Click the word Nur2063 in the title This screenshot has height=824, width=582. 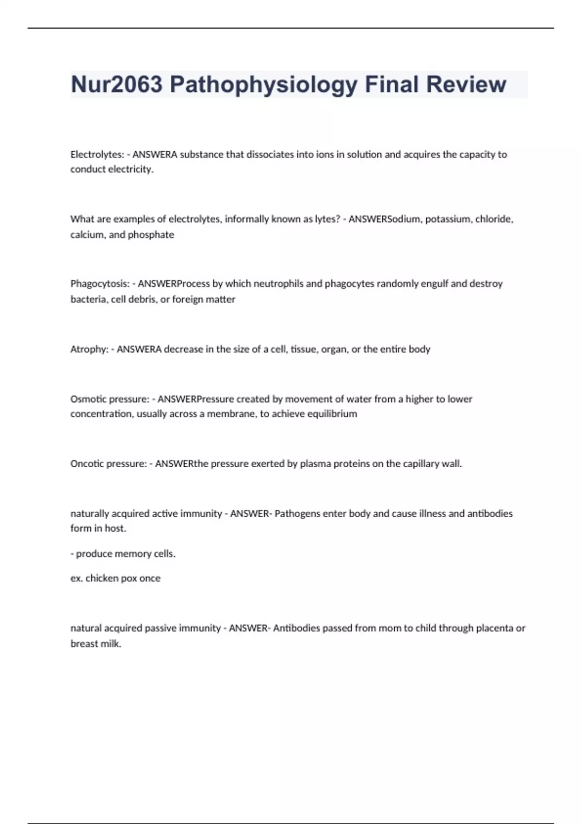(116, 84)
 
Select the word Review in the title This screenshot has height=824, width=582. (466, 84)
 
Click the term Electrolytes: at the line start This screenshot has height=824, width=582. (97, 155)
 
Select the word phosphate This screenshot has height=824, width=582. (151, 235)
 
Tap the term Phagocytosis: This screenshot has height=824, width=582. (100, 284)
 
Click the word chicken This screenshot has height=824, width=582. (101, 578)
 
